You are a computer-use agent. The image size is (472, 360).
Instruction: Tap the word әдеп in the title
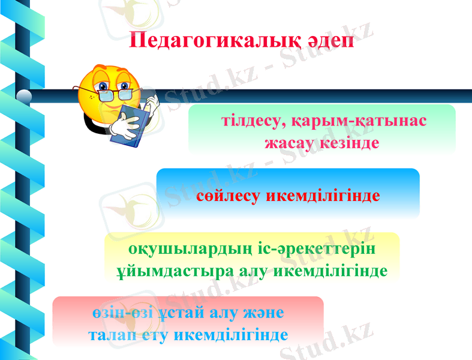tap(329, 41)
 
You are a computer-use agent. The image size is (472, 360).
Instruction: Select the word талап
tap(111, 334)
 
